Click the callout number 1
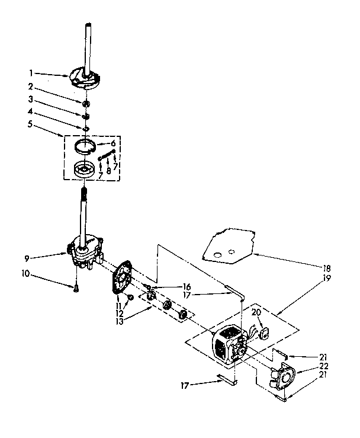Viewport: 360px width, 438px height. [x=31, y=74]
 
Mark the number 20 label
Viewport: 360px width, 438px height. [x=257, y=312]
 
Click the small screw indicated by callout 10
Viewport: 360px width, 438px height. [x=76, y=289]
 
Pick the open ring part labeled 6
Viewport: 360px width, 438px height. [x=86, y=145]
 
